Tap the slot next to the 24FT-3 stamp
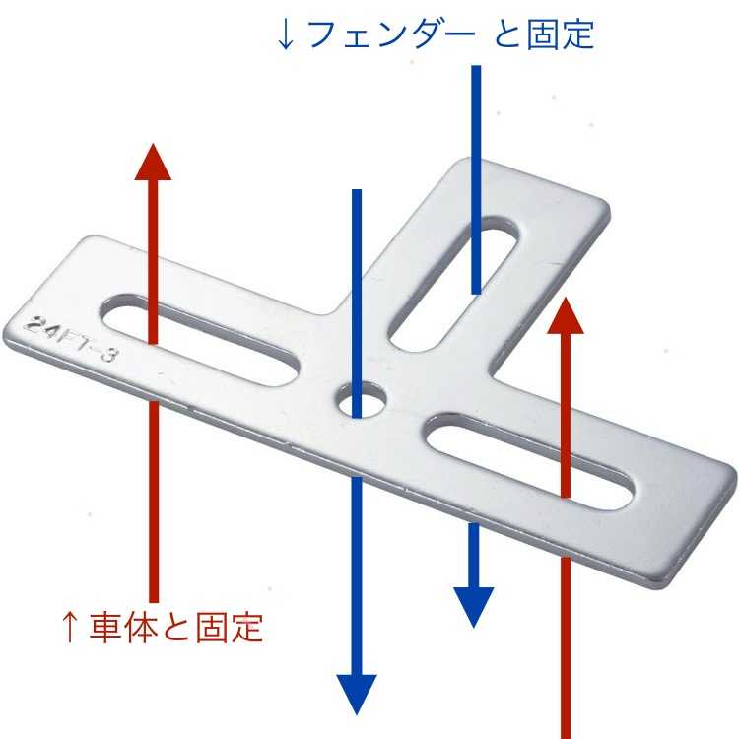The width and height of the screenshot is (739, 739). click(x=199, y=340)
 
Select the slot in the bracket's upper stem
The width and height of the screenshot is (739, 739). click(x=453, y=284)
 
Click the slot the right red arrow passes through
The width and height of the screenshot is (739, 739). click(x=529, y=462)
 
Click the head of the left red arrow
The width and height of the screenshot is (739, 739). click(x=153, y=163)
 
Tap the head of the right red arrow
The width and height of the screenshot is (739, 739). click(x=566, y=315)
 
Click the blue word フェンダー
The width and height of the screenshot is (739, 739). click(x=392, y=34)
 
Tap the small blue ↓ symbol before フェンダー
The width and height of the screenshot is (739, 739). click(x=286, y=34)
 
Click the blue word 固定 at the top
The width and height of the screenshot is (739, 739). click(x=560, y=34)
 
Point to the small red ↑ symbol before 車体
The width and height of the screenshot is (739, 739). click(x=69, y=628)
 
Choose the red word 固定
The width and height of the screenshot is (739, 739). click(x=229, y=628)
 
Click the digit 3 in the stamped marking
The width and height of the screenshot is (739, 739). click(x=107, y=353)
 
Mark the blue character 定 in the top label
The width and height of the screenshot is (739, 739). click(x=577, y=34)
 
